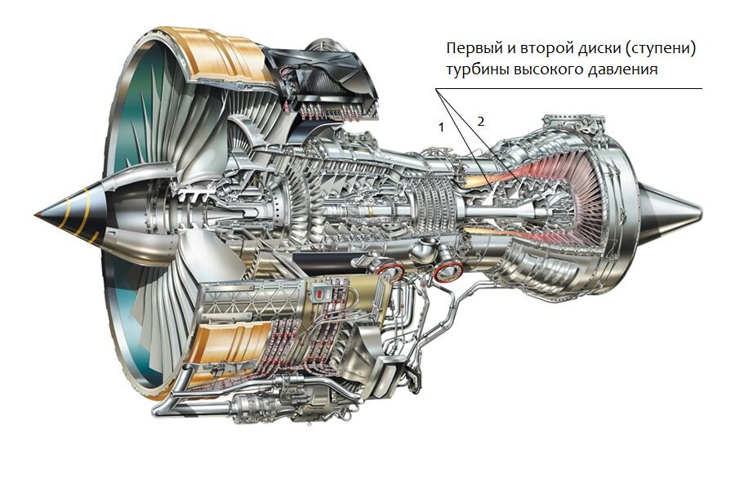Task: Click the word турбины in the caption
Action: [x=476, y=70]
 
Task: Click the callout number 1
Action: [x=442, y=127]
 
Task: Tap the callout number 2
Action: [x=481, y=121]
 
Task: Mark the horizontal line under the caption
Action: [x=572, y=88]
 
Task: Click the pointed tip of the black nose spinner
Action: [x=37, y=214]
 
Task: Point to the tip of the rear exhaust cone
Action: [x=699, y=215]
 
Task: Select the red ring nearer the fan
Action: [x=390, y=273]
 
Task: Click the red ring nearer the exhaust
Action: [x=447, y=272]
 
